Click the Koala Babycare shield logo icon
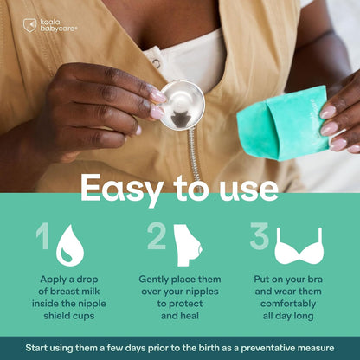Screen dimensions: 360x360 click(29, 25)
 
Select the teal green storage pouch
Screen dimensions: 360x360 click(283, 123)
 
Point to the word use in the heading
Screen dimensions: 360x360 click(248, 190)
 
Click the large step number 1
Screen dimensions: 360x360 click(42, 237)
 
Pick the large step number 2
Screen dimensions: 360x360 click(157, 236)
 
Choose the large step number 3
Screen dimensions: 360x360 click(260, 236)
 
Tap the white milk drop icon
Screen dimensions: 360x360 click(70, 246)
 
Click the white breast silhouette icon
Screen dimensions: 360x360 click(188, 245)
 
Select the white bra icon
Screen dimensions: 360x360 click(299, 246)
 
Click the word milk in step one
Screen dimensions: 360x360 click(91, 292)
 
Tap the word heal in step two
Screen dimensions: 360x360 click(190, 316)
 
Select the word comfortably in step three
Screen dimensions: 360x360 click(288, 304)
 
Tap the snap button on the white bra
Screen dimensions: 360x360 click(157, 63)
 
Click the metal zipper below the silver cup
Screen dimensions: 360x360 click(196, 156)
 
